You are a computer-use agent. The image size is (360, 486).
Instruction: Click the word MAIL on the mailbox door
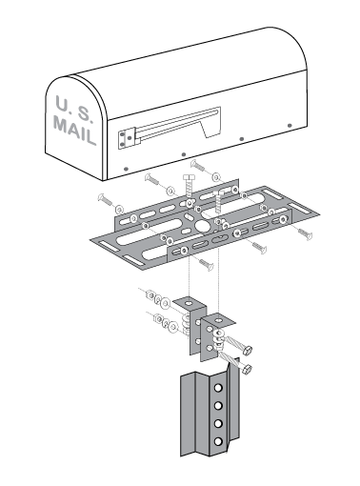coord(74,127)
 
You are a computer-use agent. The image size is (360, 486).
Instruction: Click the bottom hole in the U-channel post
coord(218,441)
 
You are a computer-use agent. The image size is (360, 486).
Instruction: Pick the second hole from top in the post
coord(218,406)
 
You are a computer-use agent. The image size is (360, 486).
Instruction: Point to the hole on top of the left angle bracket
coord(190,305)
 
